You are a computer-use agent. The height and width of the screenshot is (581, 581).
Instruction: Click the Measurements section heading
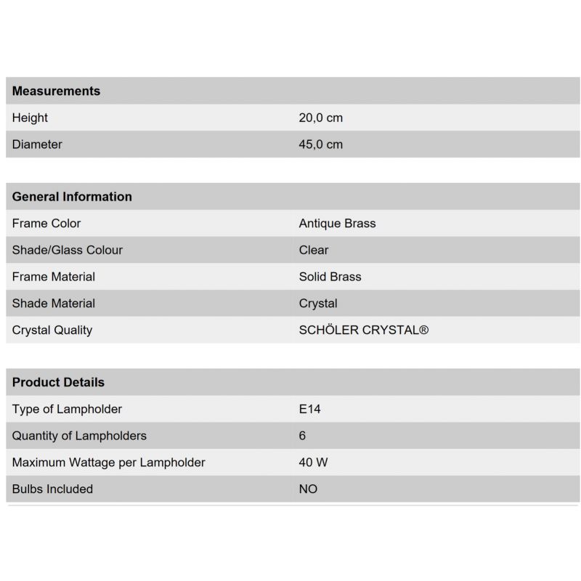(56, 91)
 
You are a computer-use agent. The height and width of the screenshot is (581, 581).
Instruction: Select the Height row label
(30, 118)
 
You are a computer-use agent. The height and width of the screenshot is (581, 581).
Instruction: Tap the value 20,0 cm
(320, 118)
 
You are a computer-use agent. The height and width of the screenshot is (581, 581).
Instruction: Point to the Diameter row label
(37, 145)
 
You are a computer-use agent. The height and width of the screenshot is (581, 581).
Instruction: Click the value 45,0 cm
(320, 145)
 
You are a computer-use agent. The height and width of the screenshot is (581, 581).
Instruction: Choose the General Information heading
(72, 197)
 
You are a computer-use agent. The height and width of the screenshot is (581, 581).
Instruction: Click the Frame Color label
(46, 224)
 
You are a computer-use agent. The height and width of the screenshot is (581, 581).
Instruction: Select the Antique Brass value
(337, 224)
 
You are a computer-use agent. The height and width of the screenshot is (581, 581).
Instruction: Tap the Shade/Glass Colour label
(68, 250)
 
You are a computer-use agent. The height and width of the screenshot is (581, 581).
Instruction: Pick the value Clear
(314, 250)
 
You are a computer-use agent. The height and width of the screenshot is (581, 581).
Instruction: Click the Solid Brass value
(330, 277)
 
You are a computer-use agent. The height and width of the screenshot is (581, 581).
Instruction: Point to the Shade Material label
(54, 304)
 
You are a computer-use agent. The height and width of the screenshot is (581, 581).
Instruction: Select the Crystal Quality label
(52, 330)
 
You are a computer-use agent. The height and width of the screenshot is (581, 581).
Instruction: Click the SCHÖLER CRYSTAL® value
(363, 330)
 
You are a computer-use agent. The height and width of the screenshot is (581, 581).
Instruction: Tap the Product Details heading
(58, 382)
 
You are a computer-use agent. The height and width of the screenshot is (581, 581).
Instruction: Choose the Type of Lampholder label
(67, 409)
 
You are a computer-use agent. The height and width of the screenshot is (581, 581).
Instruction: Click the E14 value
(309, 409)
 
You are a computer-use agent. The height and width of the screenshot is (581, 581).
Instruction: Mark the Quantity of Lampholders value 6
(302, 436)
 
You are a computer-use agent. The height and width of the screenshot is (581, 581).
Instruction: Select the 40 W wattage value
(313, 463)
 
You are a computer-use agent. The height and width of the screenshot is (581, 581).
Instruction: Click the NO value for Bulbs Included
(308, 489)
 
